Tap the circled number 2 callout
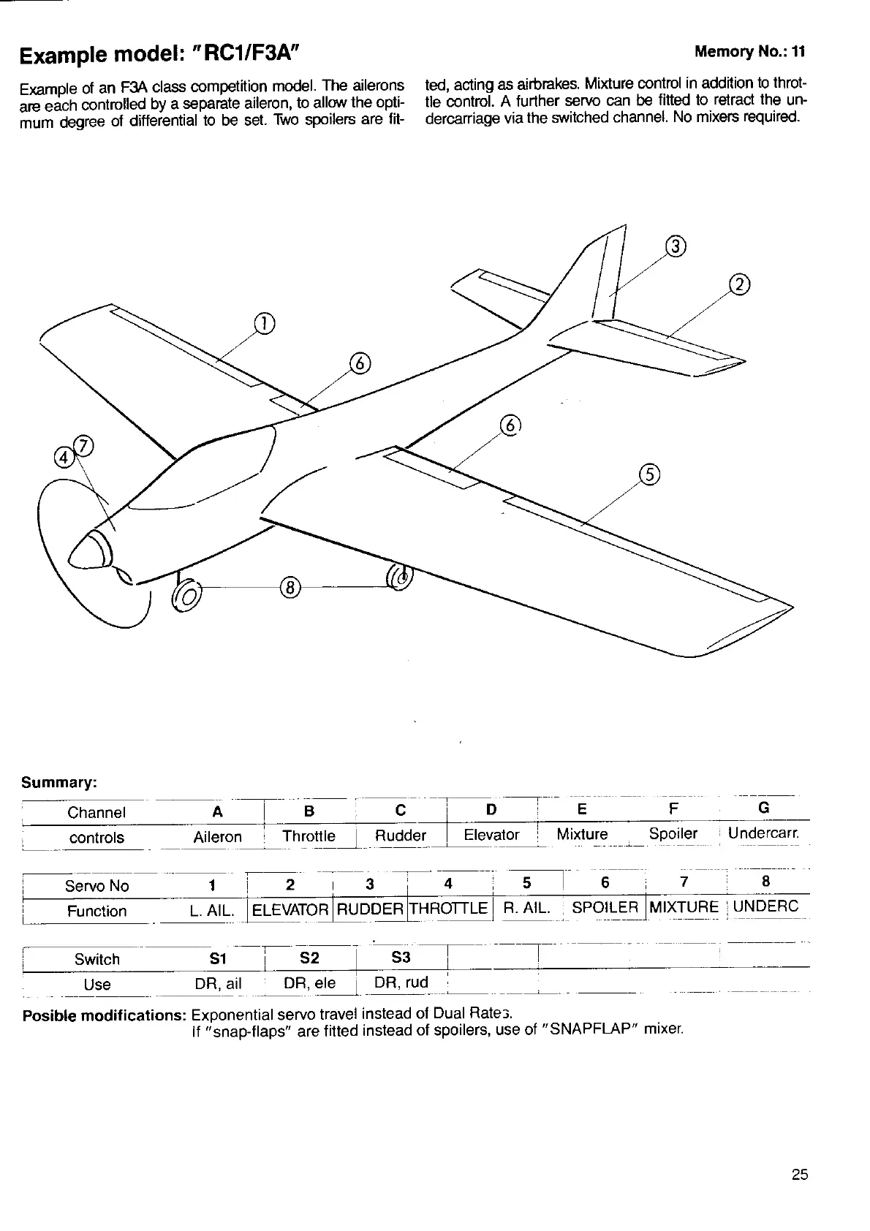740,284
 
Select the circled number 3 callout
676,246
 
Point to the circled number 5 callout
649,474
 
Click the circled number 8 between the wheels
290,587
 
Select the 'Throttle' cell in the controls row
309,836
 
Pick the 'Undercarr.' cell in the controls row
764,833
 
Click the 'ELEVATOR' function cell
290,910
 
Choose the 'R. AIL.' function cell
526,908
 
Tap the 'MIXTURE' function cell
684,907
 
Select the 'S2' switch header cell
309,958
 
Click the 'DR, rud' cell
401,982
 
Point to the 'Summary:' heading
59,783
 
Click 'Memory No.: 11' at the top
749,51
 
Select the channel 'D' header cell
491,809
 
